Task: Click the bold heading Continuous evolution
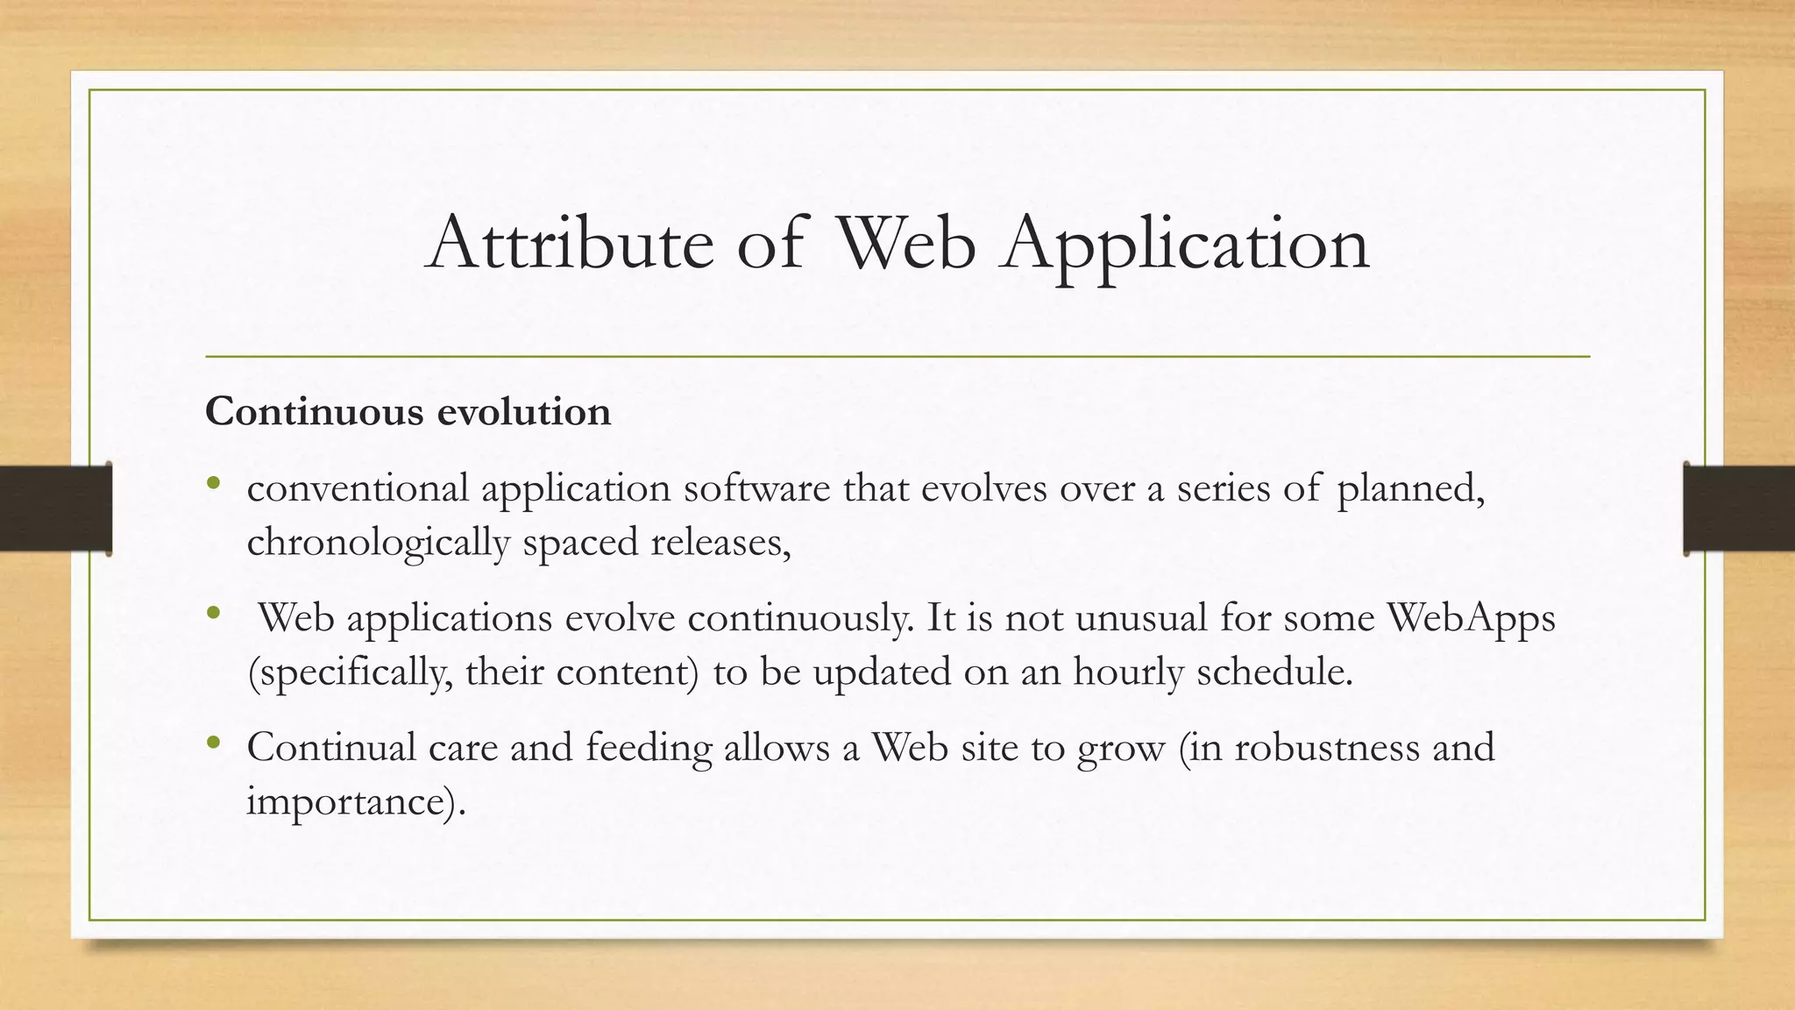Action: pyautogui.click(x=408, y=412)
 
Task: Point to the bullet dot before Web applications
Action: pyautogui.click(x=213, y=613)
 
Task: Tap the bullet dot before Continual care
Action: pyautogui.click(x=213, y=743)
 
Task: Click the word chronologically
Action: pyautogui.click(x=378, y=544)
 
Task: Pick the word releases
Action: pyautogui.click(x=720, y=543)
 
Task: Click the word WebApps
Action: pyautogui.click(x=1471, y=618)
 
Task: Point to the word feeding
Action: pyautogui.click(x=649, y=749)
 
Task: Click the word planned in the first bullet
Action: pyautogui.click(x=1410, y=489)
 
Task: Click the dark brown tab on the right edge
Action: pyautogui.click(x=1739, y=509)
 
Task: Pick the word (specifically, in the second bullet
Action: pyautogui.click(x=351, y=673)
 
